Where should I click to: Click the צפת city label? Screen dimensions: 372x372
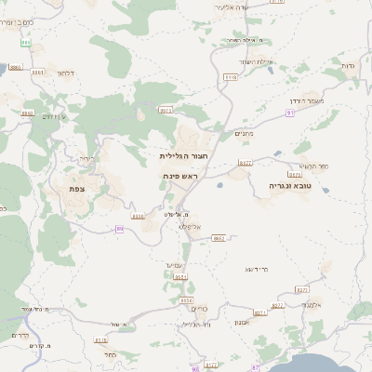pos(76,188)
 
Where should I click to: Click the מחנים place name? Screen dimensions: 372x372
pos(243,132)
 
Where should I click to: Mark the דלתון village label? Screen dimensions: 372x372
pos(65,72)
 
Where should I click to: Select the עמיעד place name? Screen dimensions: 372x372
pos(177,265)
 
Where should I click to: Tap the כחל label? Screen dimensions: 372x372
pos(110,354)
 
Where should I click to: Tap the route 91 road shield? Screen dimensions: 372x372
pos(290,112)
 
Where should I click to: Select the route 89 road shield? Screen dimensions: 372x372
pos(119,228)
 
